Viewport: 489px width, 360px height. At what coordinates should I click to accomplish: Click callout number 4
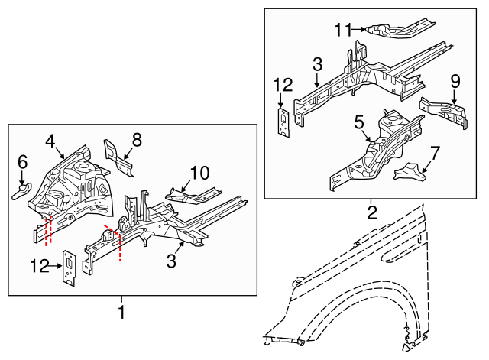coord(50,141)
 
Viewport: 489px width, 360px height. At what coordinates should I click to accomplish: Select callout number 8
coord(137,139)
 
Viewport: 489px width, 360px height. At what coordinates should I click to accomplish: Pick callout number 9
coord(455,80)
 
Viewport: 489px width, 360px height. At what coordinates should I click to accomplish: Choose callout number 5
coord(358,121)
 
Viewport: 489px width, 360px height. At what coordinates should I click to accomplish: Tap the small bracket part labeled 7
coord(408,170)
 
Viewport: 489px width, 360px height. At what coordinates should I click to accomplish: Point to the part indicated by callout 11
coord(390,28)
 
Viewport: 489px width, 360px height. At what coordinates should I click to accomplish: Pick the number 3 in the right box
coord(316,65)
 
